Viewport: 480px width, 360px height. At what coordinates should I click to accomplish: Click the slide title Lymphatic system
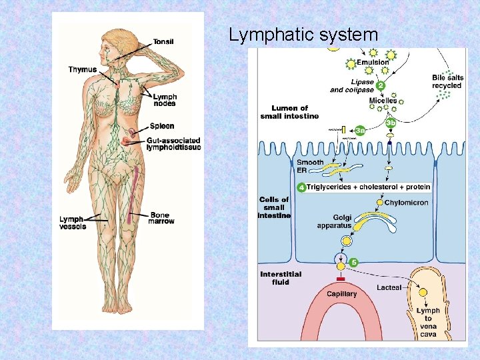[303, 35]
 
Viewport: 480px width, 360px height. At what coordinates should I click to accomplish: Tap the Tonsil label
[163, 41]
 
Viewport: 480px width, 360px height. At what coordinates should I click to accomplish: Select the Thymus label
[82, 69]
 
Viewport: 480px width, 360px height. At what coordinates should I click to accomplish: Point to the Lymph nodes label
[165, 100]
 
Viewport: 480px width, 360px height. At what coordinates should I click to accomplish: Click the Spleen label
[162, 126]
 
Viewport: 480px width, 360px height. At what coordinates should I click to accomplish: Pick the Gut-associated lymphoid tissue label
[173, 144]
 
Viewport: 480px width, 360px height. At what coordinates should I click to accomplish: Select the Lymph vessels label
[73, 223]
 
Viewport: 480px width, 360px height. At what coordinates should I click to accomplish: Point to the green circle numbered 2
[380, 85]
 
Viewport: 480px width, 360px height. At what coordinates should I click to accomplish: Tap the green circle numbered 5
[354, 263]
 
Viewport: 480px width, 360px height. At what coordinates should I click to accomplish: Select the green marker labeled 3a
[360, 131]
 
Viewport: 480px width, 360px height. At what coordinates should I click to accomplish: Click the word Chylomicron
[407, 203]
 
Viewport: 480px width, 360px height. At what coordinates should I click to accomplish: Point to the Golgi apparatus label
[333, 222]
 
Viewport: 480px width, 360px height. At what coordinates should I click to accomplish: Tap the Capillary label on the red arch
[342, 294]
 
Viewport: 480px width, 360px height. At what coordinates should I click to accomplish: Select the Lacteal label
[389, 287]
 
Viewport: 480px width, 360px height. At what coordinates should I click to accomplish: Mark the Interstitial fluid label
[281, 278]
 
